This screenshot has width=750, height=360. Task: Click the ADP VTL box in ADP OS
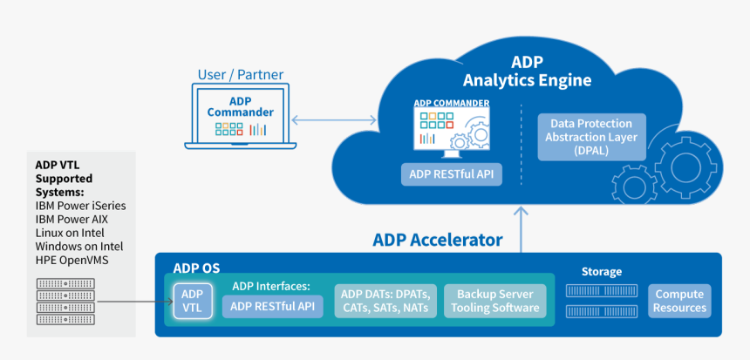[x=192, y=301]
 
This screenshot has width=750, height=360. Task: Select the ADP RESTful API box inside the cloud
[x=452, y=173]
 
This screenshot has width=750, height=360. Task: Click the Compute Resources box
[x=679, y=301]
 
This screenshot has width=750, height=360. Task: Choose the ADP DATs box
[x=385, y=301]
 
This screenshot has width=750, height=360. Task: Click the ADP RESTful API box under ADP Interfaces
[x=273, y=307]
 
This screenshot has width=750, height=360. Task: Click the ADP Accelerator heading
[x=438, y=240]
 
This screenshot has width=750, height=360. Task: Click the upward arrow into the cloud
[x=521, y=228]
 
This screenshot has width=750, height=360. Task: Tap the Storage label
[x=601, y=271]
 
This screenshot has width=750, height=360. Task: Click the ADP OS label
[x=196, y=268]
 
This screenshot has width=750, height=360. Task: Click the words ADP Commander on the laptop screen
[x=241, y=106]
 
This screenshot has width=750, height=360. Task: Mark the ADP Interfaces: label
[x=270, y=285]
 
